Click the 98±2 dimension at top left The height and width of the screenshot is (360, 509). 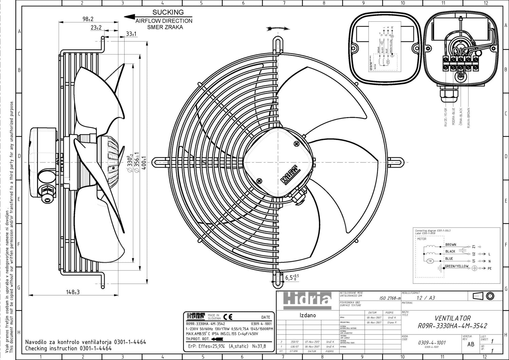tap(88, 19)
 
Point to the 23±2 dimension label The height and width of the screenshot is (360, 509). tap(96, 28)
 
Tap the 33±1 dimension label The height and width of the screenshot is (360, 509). tap(131, 34)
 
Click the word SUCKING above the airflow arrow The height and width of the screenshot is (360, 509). tap(168, 12)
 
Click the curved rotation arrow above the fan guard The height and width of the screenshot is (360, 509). tap(278, 29)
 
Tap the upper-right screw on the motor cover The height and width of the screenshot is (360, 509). tap(297, 144)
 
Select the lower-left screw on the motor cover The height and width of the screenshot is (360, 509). tap(260, 181)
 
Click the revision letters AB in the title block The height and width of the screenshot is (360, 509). tap(471, 344)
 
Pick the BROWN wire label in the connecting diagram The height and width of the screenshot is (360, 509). tap(451, 245)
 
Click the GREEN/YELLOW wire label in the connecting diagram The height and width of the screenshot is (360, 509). tap(456, 266)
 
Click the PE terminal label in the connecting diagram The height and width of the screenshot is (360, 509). tap(489, 269)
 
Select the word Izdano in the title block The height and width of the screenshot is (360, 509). tap(307, 315)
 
